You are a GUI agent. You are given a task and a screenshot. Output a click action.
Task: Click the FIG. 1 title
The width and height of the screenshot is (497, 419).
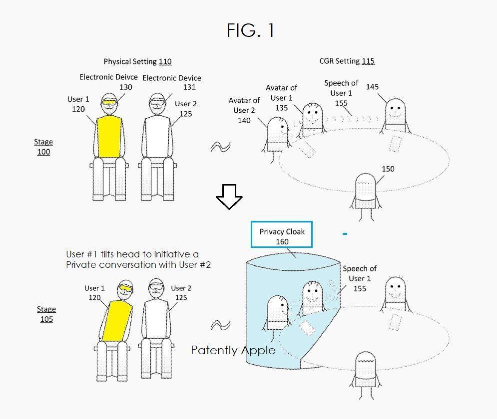[x=250, y=30]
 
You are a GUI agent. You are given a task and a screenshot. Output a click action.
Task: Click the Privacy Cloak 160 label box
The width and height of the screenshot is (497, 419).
[x=281, y=234]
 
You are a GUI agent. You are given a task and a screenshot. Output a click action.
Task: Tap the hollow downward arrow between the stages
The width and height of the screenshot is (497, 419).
[x=229, y=197]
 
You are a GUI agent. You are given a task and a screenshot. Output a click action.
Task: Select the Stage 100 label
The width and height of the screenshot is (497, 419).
[x=43, y=147]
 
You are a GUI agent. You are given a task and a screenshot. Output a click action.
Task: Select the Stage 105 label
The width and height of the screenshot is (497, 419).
[x=46, y=314]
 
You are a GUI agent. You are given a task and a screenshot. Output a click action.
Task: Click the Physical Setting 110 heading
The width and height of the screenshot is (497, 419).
[x=137, y=61]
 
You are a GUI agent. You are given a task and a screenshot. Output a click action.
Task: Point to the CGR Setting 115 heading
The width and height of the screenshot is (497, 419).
[x=347, y=61]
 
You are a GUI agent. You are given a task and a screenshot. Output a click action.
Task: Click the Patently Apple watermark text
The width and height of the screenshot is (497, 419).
[x=233, y=350]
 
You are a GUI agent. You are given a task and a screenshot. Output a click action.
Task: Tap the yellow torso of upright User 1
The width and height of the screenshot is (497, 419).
[x=109, y=137]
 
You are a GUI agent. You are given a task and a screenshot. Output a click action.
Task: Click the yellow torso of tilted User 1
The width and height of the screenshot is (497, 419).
[x=116, y=321]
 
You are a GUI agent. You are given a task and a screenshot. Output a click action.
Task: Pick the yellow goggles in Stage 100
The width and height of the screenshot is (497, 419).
[x=109, y=102]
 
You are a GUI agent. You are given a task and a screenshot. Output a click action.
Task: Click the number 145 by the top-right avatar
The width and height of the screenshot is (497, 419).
[x=372, y=87]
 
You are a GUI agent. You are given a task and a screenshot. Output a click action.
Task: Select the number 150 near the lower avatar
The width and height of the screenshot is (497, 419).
[x=388, y=169]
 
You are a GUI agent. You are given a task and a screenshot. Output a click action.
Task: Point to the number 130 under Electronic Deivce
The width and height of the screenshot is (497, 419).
[x=125, y=87]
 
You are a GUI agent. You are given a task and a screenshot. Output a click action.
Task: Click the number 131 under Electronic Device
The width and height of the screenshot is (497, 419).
[x=189, y=87]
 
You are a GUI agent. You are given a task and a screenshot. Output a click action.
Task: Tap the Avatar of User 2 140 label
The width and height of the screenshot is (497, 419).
[x=244, y=110]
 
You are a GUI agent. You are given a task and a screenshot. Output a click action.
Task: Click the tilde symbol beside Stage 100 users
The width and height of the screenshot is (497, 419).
[x=221, y=147]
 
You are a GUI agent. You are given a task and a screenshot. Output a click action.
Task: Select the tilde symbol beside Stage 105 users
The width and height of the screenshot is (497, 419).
[x=221, y=325]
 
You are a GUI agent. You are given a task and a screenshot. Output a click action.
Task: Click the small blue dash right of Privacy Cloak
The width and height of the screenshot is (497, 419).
[x=345, y=234]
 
